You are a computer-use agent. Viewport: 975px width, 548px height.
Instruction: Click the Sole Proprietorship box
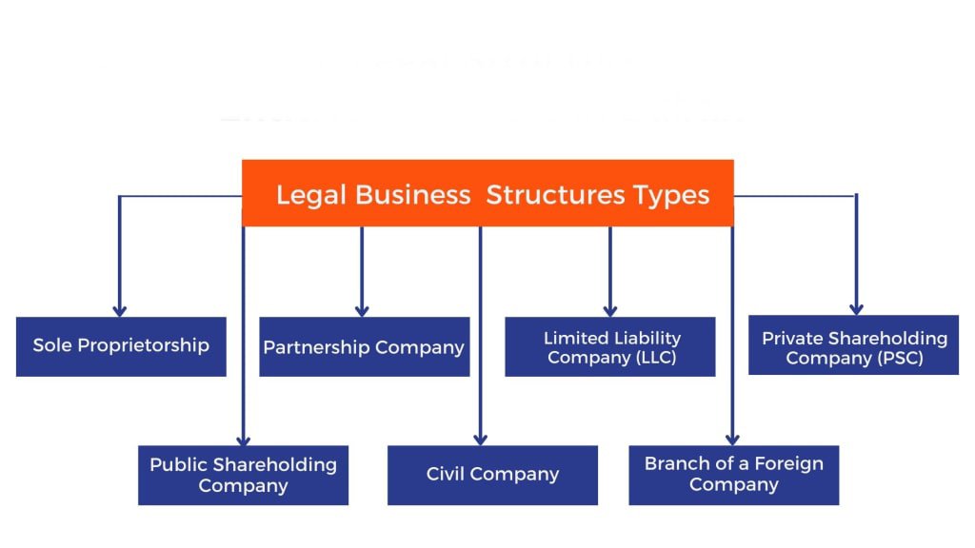coord(121,346)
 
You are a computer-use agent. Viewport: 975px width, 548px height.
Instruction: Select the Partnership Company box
coord(364,347)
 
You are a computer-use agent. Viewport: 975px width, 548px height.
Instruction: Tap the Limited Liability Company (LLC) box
coord(610,347)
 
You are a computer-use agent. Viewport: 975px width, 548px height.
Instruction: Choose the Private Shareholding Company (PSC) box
coord(854,347)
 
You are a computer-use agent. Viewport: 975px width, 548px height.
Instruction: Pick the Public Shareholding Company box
coord(243,475)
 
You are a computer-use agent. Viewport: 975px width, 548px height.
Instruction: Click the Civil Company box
coord(492,475)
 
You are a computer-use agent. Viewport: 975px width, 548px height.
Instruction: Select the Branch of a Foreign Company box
coord(733,475)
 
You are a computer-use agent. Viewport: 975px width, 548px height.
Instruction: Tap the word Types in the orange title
coord(674,195)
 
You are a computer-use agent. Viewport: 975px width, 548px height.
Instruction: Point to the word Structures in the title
coord(554,195)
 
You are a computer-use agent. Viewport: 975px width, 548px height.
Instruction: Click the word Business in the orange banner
coord(412,195)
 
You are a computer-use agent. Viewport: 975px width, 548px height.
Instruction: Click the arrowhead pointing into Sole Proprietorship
coord(120,310)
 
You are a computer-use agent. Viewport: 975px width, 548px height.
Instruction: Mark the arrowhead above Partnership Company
coord(362,310)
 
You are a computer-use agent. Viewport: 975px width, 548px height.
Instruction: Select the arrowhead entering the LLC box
coord(610,310)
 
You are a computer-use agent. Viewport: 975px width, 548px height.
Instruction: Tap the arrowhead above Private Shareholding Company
coord(856,309)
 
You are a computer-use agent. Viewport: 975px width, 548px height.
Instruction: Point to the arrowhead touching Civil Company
coord(481,440)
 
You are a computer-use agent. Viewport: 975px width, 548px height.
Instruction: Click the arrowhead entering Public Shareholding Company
coord(244,440)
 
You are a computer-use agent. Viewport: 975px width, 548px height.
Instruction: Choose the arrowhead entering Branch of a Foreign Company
coord(732,440)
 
